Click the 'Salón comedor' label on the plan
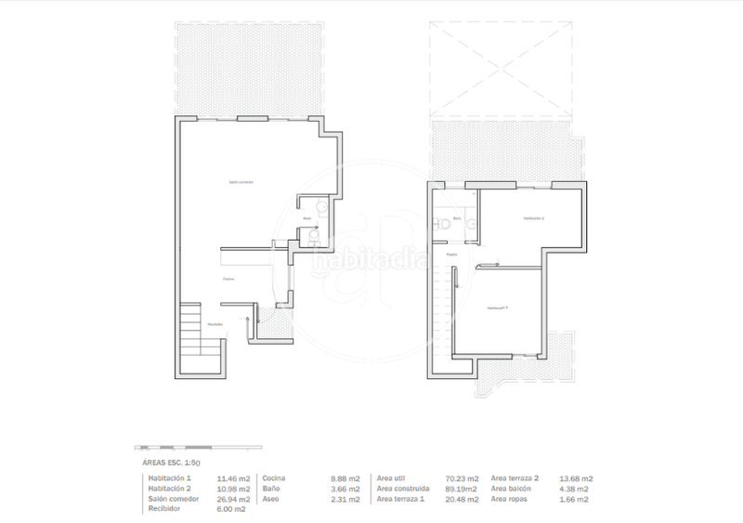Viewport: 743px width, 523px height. click(241, 182)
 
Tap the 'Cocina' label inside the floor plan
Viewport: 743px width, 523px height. click(228, 279)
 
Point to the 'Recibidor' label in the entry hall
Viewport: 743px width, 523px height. click(215, 323)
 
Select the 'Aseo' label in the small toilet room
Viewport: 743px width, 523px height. click(306, 218)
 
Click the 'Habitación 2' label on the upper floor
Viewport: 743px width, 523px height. click(533, 218)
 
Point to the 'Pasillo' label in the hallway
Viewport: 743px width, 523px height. click(451, 254)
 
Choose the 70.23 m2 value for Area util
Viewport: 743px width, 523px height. click(461, 478)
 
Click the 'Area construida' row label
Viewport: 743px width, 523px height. click(403, 489)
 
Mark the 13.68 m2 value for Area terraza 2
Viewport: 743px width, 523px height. click(575, 478)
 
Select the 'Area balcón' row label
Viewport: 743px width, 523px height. click(515, 489)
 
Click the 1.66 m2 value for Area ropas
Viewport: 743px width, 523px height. click(575, 499)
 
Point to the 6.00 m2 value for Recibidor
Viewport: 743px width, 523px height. click(232, 509)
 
